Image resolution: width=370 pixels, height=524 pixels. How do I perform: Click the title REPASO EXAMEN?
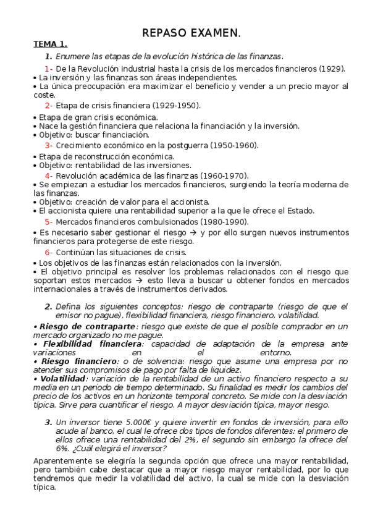point(191,33)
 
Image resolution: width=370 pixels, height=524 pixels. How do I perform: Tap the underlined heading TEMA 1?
point(50,44)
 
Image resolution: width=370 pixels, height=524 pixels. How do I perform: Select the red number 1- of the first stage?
point(48,69)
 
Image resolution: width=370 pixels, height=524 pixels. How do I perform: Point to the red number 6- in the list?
point(48,252)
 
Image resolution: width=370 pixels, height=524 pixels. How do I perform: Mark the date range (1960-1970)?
point(225,175)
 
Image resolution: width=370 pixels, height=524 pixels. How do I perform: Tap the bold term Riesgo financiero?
point(77,361)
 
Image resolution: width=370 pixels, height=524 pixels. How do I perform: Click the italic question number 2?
point(48,306)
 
